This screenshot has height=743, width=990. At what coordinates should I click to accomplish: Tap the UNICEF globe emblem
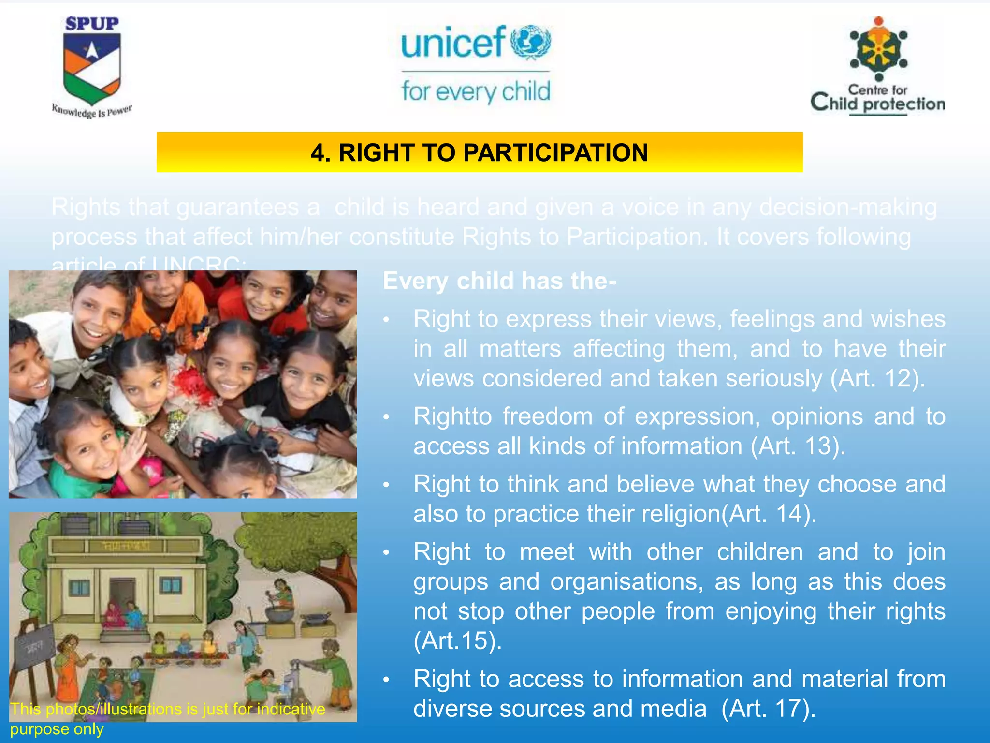[530, 42]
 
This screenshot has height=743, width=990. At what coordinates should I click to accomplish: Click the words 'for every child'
[476, 91]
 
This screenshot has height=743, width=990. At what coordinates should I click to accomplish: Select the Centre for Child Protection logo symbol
[878, 49]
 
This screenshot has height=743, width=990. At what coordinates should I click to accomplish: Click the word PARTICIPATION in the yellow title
[555, 153]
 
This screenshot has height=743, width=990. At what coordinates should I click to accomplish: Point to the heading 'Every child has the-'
[499, 281]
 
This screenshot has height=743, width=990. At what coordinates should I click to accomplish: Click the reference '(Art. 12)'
[877, 378]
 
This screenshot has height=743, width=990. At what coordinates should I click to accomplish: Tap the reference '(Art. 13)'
[798, 446]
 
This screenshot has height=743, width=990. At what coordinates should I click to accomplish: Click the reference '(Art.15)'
[457, 641]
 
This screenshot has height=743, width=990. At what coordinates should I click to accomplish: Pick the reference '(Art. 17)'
[768, 709]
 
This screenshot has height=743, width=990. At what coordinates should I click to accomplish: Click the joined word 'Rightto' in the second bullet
[452, 416]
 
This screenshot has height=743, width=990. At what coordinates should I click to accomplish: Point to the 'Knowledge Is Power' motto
[92, 112]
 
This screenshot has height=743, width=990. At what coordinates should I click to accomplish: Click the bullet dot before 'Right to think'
[386, 485]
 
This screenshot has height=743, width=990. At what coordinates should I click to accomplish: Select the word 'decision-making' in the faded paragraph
[848, 207]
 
